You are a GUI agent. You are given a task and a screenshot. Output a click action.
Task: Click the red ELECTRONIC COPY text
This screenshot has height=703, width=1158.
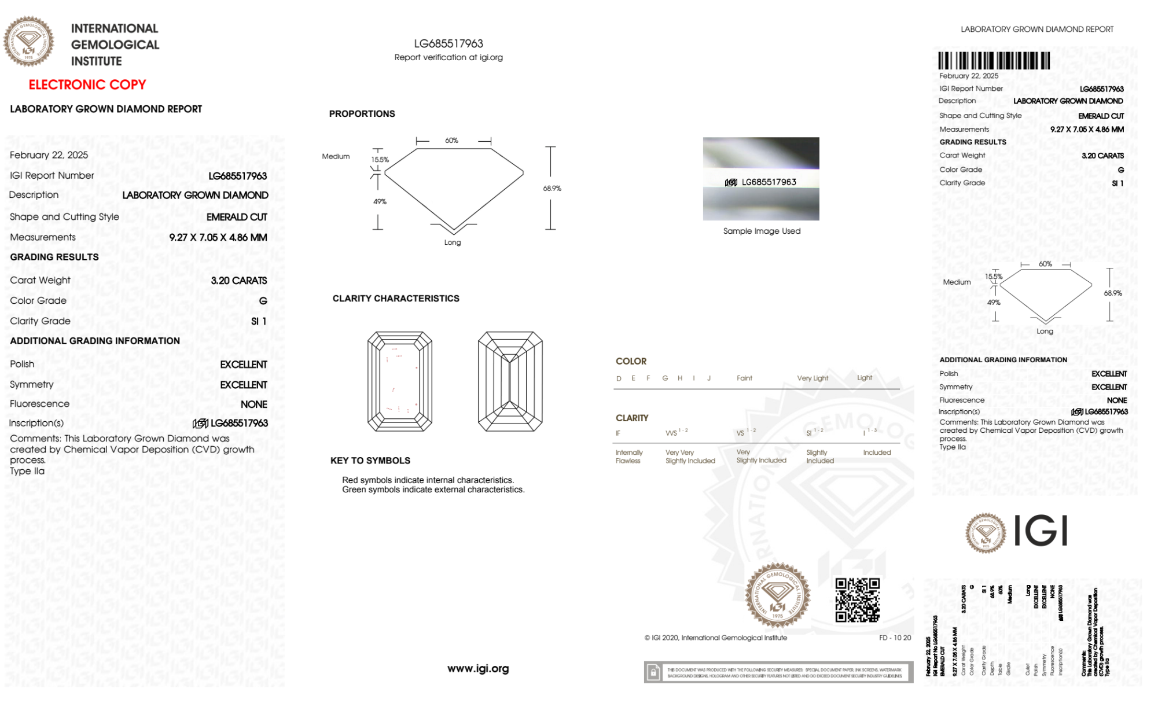(87, 85)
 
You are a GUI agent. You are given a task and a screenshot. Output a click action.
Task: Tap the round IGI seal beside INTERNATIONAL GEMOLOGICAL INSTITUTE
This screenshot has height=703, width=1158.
(28, 41)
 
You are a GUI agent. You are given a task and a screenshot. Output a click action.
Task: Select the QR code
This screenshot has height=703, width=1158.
(857, 600)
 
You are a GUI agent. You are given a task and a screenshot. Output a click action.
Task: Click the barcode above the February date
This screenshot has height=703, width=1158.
(994, 61)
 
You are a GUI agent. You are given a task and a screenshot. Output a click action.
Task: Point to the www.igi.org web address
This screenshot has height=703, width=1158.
(478, 669)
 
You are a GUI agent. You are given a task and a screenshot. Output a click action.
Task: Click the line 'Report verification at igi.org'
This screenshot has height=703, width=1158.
(449, 57)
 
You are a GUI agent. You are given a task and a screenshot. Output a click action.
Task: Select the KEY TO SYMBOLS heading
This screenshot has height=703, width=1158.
(370, 461)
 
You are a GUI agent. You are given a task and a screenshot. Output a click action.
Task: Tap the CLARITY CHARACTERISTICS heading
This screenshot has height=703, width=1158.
(396, 299)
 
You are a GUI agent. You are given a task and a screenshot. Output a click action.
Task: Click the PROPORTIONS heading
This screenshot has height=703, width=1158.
(362, 114)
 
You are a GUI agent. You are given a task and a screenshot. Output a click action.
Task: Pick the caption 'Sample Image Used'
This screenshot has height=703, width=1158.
(762, 231)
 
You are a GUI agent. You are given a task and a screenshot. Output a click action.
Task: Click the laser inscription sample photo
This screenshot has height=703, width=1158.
(761, 179)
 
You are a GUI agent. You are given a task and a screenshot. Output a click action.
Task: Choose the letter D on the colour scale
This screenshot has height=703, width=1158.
(619, 378)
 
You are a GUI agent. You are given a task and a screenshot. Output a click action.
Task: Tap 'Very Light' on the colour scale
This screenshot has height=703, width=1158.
(813, 378)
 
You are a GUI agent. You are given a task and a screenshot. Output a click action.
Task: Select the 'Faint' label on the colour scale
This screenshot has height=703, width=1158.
(744, 378)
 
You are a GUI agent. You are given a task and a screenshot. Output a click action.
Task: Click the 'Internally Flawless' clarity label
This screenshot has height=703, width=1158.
(628, 457)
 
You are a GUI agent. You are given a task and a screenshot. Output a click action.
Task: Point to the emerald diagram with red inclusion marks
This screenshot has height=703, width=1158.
(400, 381)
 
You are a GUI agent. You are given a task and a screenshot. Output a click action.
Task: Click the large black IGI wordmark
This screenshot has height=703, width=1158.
(1041, 531)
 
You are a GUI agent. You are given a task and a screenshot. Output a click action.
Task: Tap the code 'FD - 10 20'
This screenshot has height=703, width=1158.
(895, 638)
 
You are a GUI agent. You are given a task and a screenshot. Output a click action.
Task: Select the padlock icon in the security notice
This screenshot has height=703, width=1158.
(653, 672)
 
